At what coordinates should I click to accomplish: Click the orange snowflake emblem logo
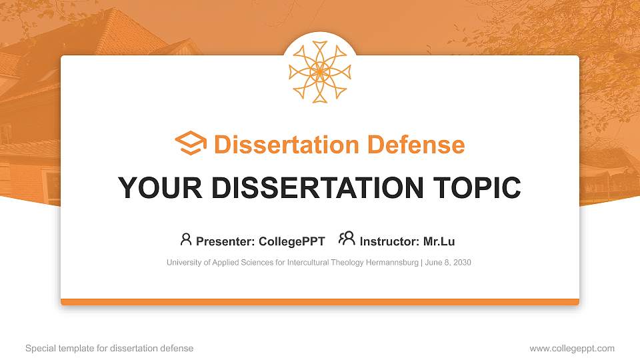(319, 72)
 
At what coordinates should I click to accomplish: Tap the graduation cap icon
(191, 144)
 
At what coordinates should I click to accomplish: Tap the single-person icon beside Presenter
(186, 239)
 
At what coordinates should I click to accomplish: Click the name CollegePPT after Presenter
(293, 241)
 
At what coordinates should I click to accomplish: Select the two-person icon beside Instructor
(347, 239)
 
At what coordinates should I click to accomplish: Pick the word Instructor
(389, 241)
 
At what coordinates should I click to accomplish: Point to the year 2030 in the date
(461, 263)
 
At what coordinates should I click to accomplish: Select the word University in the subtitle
(183, 263)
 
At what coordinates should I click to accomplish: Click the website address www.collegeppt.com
(572, 348)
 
